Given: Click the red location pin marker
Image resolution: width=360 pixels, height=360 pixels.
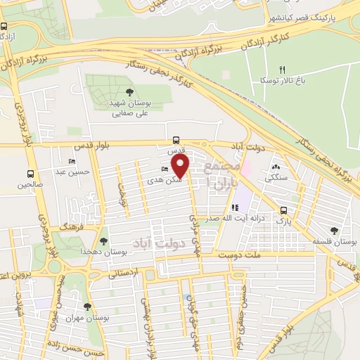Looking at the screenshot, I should pyautogui.click(x=181, y=165).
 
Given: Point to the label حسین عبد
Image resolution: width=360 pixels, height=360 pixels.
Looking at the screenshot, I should pyautogui.click(x=72, y=171).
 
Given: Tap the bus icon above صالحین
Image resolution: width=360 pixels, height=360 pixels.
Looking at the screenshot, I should pyautogui.click(x=30, y=174).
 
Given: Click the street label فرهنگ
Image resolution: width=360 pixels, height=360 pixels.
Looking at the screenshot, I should pyautogui.click(x=72, y=229).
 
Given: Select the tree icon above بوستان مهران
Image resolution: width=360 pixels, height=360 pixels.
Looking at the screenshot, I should pyautogui.click(x=87, y=307).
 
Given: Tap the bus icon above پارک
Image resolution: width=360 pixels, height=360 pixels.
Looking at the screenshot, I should pyautogui.click(x=283, y=210).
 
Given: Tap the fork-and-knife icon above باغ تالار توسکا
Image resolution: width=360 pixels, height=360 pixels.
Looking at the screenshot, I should pyautogui.click(x=282, y=70).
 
